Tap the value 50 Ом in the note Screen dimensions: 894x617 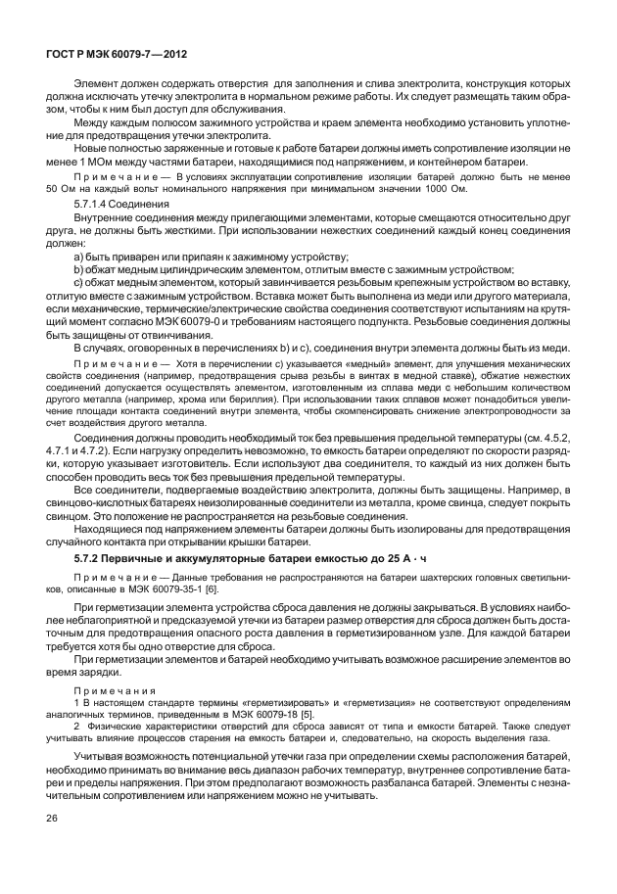pyautogui.click(x=63, y=188)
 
